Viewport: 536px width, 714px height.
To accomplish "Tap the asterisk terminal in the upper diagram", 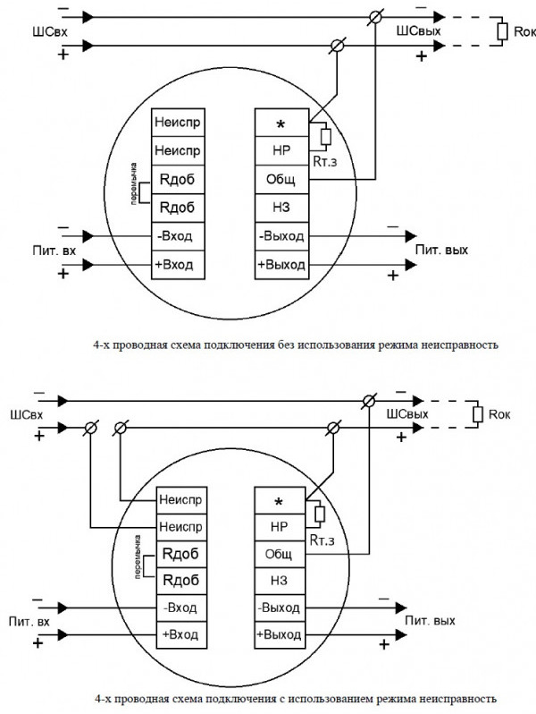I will coord(281,121).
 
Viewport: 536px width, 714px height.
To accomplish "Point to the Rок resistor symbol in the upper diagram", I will coord(504,33).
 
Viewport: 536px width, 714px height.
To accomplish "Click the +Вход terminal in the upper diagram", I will coord(177,266).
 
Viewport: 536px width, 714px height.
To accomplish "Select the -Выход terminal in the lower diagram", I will coord(281,608).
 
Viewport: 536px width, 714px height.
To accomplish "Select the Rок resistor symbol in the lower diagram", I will coord(478,415).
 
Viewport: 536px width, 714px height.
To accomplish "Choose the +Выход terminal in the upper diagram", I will coord(281,266).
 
